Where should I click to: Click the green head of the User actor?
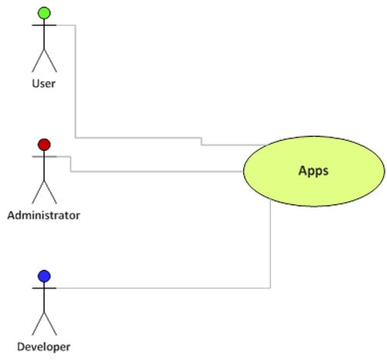(x=44, y=12)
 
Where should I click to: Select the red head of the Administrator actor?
(x=44, y=144)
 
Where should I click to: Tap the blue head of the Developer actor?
(x=44, y=275)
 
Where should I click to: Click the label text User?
(x=44, y=83)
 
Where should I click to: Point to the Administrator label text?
(x=43, y=214)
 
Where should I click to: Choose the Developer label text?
(x=43, y=347)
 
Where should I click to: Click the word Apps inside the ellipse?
(x=313, y=170)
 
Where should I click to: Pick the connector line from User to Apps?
(x=75, y=85)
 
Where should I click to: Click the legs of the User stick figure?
(x=44, y=59)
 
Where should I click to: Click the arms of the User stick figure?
(x=44, y=26)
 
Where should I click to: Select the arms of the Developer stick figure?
(x=44, y=288)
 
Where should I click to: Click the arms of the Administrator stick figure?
(x=44, y=157)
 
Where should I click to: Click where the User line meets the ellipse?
(x=267, y=145)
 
